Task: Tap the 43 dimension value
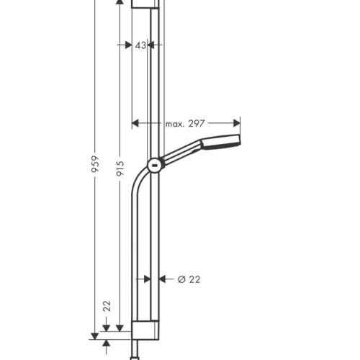tap(140, 45)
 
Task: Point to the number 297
tap(197, 125)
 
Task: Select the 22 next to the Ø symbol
tap(194, 279)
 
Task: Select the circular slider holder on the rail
tap(153, 166)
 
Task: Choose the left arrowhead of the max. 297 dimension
tap(134, 124)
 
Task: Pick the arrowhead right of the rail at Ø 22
tap(161, 279)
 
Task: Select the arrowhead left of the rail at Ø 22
tap(144, 279)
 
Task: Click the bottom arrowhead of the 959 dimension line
tap(94, 333)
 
